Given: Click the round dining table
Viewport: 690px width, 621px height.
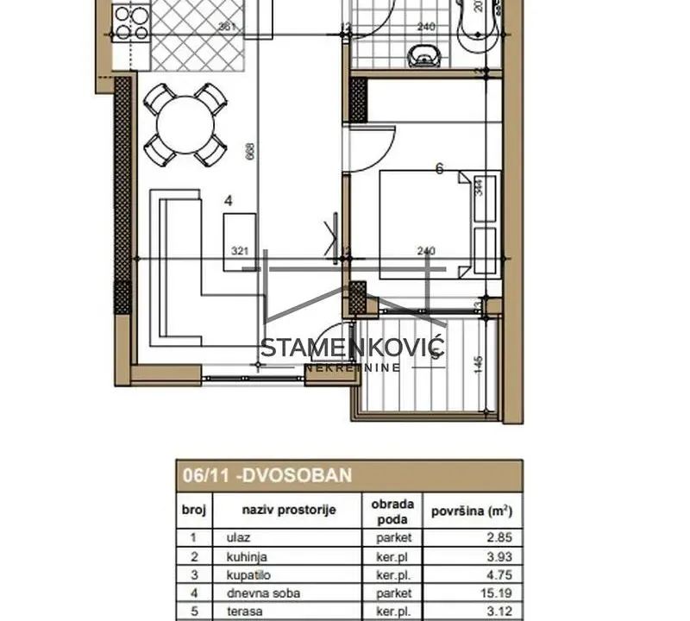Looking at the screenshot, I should [185, 122].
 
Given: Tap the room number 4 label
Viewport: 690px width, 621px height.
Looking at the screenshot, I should [228, 200].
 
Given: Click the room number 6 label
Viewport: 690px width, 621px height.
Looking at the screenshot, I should [439, 169].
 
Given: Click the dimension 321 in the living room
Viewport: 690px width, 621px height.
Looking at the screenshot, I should [241, 251].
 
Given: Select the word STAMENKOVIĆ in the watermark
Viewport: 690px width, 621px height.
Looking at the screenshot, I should [352, 348].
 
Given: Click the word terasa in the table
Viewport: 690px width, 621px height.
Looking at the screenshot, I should [243, 612].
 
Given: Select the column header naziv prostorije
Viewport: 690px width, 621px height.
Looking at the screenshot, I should [287, 510].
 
